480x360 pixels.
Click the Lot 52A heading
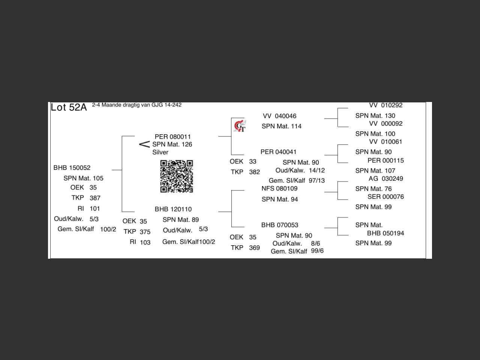(x=69, y=108)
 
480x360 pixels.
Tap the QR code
(x=177, y=176)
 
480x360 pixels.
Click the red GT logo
(x=240, y=126)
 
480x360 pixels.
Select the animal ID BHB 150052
(x=72, y=168)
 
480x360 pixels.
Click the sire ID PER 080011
(x=172, y=137)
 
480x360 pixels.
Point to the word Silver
(x=160, y=152)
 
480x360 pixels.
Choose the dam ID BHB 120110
(x=173, y=209)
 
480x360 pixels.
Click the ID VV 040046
(x=279, y=116)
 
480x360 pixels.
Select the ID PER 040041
(x=278, y=152)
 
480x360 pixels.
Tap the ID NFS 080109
(x=279, y=189)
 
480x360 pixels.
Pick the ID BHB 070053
(x=280, y=225)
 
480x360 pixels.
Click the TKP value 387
(x=95, y=198)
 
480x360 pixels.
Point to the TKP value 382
(x=254, y=172)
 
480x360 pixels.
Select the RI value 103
(x=145, y=243)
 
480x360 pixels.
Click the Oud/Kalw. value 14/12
(x=317, y=170)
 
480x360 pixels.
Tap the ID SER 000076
(x=385, y=197)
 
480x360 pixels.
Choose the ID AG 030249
(x=385, y=178)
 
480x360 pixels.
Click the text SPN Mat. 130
(x=375, y=116)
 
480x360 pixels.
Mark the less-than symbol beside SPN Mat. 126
(x=144, y=144)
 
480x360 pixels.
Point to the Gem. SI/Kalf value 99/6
(x=317, y=251)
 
